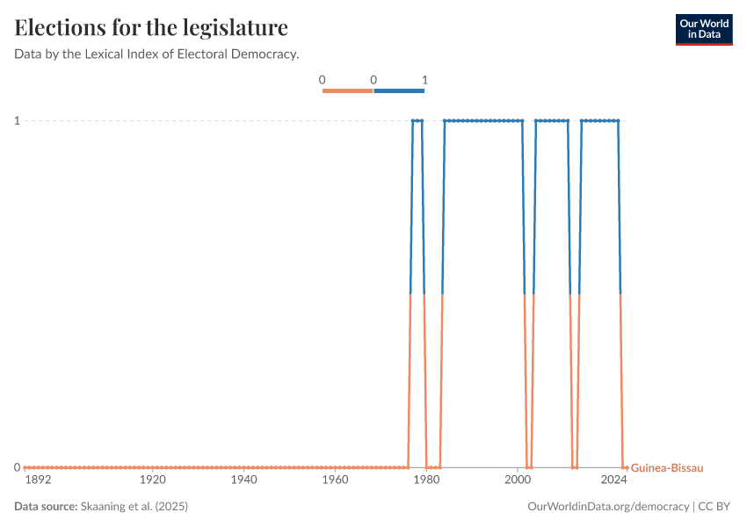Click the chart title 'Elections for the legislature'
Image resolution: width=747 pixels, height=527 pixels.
coord(151,28)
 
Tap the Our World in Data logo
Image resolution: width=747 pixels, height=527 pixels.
coord(703,29)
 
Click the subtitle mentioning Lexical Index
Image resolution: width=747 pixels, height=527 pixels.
coord(156,54)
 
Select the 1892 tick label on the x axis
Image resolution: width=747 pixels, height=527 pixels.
coord(38,480)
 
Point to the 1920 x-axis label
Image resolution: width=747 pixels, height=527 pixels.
coord(153,480)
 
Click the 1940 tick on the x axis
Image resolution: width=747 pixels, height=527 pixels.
coord(243,480)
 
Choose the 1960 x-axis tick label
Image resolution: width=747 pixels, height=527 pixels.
coord(335,480)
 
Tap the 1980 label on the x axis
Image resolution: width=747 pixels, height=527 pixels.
coord(426,480)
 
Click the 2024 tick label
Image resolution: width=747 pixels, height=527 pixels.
coord(613,480)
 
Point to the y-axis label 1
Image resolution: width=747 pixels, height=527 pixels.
coord(17,120)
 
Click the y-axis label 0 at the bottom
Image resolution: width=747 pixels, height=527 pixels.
coord(17,467)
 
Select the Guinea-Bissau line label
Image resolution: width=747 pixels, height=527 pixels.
coord(667,468)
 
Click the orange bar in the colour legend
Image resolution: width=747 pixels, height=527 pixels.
coord(348,90)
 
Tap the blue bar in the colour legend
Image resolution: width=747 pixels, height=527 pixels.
coord(399,90)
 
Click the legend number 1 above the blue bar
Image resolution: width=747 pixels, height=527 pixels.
coord(424,80)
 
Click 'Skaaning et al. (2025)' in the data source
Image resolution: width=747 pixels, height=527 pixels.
coord(134,507)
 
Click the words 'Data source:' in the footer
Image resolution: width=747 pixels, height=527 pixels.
coord(46,507)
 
